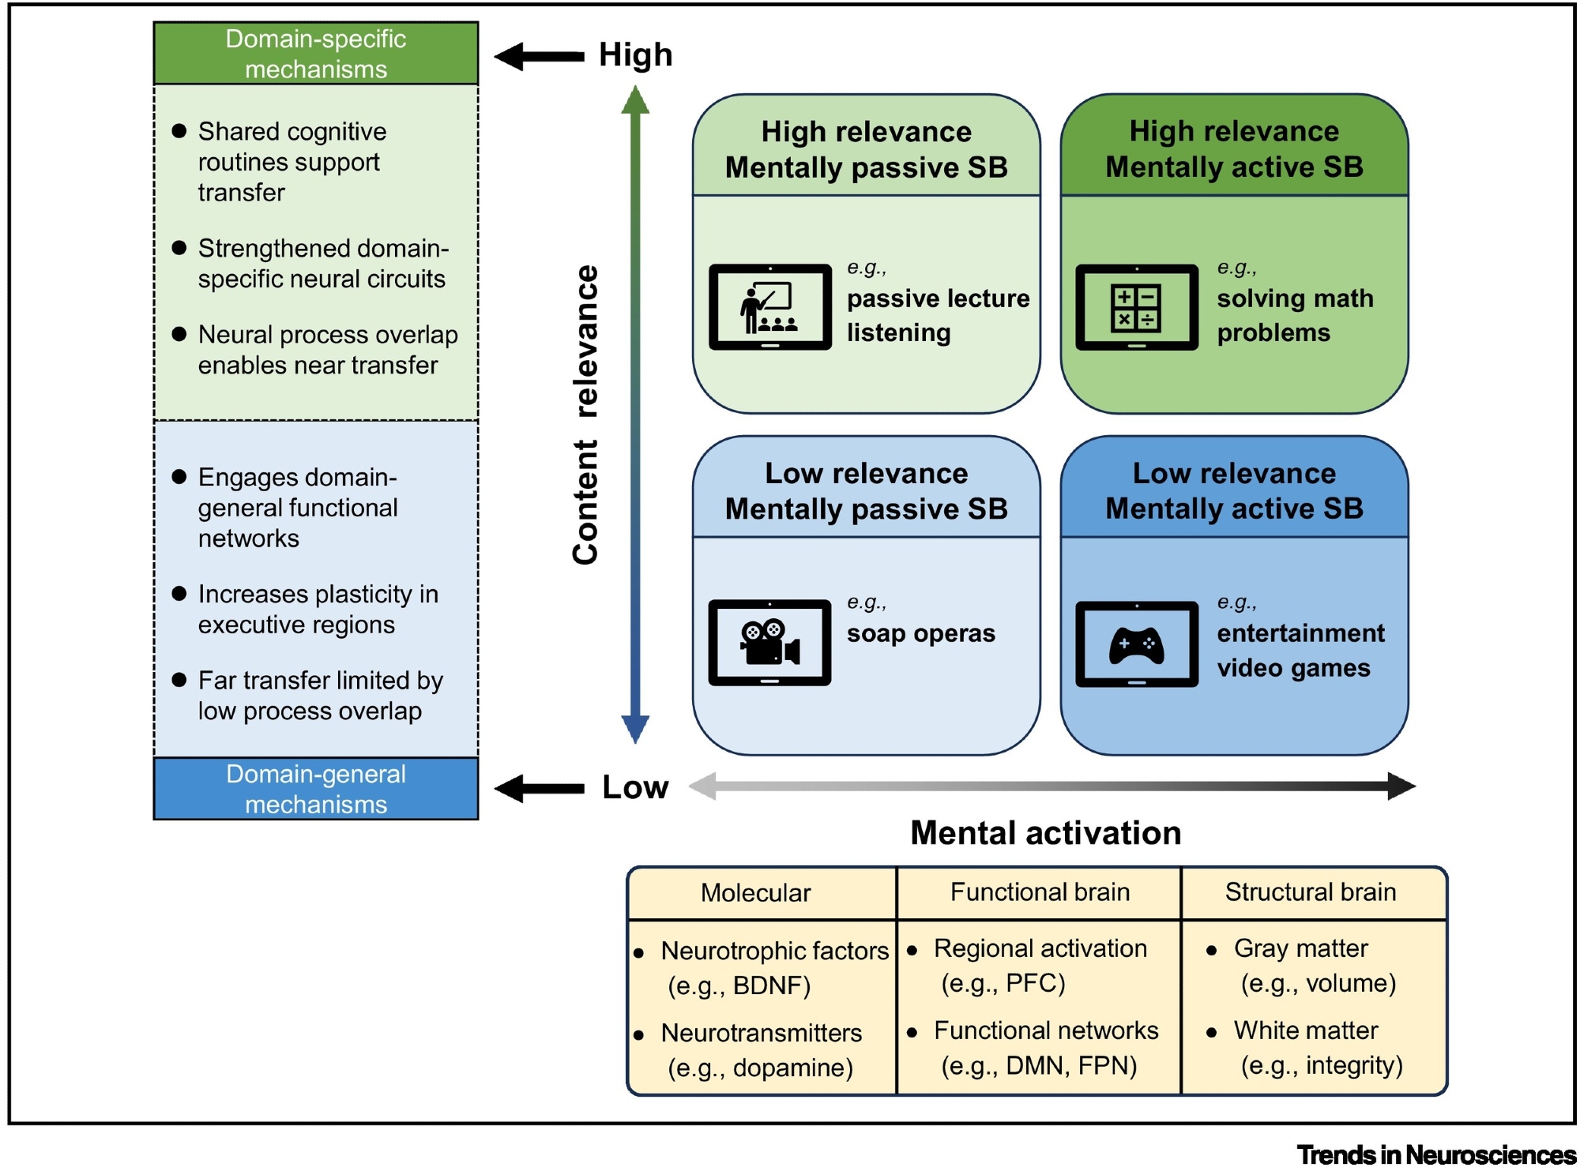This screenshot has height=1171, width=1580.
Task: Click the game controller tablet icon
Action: (x=1136, y=644)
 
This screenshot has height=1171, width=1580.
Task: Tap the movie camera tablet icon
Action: (x=769, y=642)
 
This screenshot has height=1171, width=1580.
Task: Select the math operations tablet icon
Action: (x=1136, y=307)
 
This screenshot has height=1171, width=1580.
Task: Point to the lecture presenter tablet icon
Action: (x=769, y=307)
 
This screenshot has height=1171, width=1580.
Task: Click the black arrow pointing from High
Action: (x=540, y=56)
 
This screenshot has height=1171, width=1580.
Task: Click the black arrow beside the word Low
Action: (x=540, y=788)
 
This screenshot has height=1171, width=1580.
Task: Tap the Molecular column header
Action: (x=755, y=893)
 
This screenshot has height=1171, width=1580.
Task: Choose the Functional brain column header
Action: (x=1040, y=892)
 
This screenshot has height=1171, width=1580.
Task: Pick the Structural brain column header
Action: (x=1310, y=892)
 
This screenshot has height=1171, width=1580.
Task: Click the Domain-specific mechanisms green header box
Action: (x=316, y=54)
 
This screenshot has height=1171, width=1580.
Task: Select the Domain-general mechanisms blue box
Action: (x=316, y=789)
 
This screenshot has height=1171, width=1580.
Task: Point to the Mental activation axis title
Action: (x=1045, y=833)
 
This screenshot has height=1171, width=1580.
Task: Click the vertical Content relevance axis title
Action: (x=585, y=415)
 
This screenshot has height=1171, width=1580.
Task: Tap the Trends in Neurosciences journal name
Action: (x=1435, y=1154)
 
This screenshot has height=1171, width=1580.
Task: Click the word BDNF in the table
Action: (x=771, y=986)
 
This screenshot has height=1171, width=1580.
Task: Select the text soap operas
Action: (x=920, y=634)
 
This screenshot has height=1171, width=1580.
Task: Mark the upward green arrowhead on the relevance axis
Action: (x=635, y=100)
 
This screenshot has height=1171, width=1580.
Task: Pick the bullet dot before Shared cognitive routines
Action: (x=179, y=131)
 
